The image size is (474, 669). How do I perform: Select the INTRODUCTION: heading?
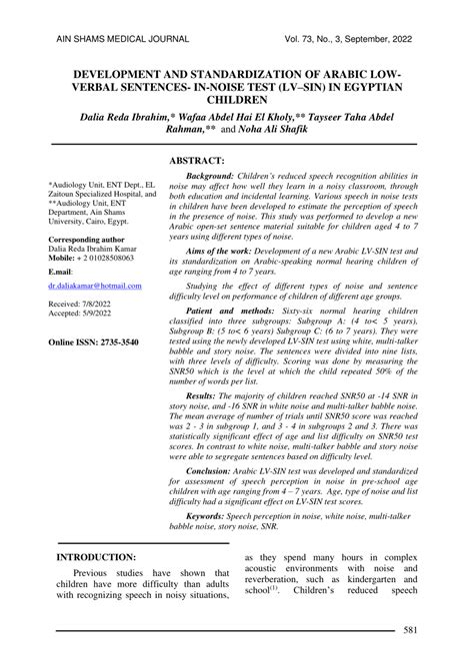pyautogui.click(x=97, y=556)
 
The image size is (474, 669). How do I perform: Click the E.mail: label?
pyautogui.click(x=62, y=272)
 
